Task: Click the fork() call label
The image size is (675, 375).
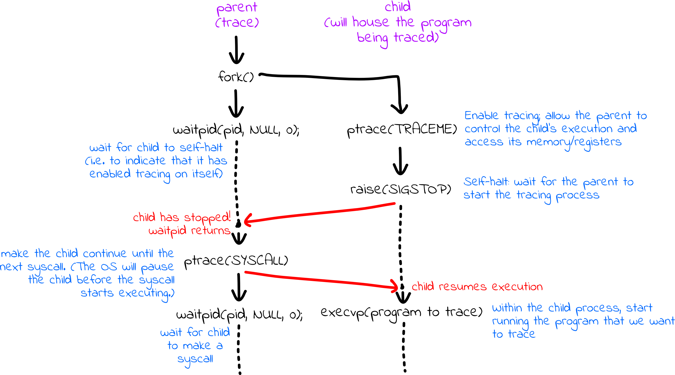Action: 236,77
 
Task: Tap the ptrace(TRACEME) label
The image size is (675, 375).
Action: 402,129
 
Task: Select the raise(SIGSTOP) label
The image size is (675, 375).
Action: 401,189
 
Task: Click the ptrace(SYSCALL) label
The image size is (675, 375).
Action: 236,261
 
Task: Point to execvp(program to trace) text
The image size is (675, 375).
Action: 402,312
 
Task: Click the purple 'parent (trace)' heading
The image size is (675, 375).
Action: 237,15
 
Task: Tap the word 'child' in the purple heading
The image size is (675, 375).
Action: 398,7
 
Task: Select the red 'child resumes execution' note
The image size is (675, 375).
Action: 477,287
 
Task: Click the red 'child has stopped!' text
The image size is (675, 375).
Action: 182,218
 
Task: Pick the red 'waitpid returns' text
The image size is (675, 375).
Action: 189,231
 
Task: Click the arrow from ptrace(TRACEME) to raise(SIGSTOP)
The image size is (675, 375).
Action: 400,161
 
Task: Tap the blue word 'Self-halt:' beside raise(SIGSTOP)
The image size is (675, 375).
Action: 486,182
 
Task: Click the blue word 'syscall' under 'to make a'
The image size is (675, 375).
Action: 195,359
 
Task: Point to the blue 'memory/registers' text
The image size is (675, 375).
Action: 574,142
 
